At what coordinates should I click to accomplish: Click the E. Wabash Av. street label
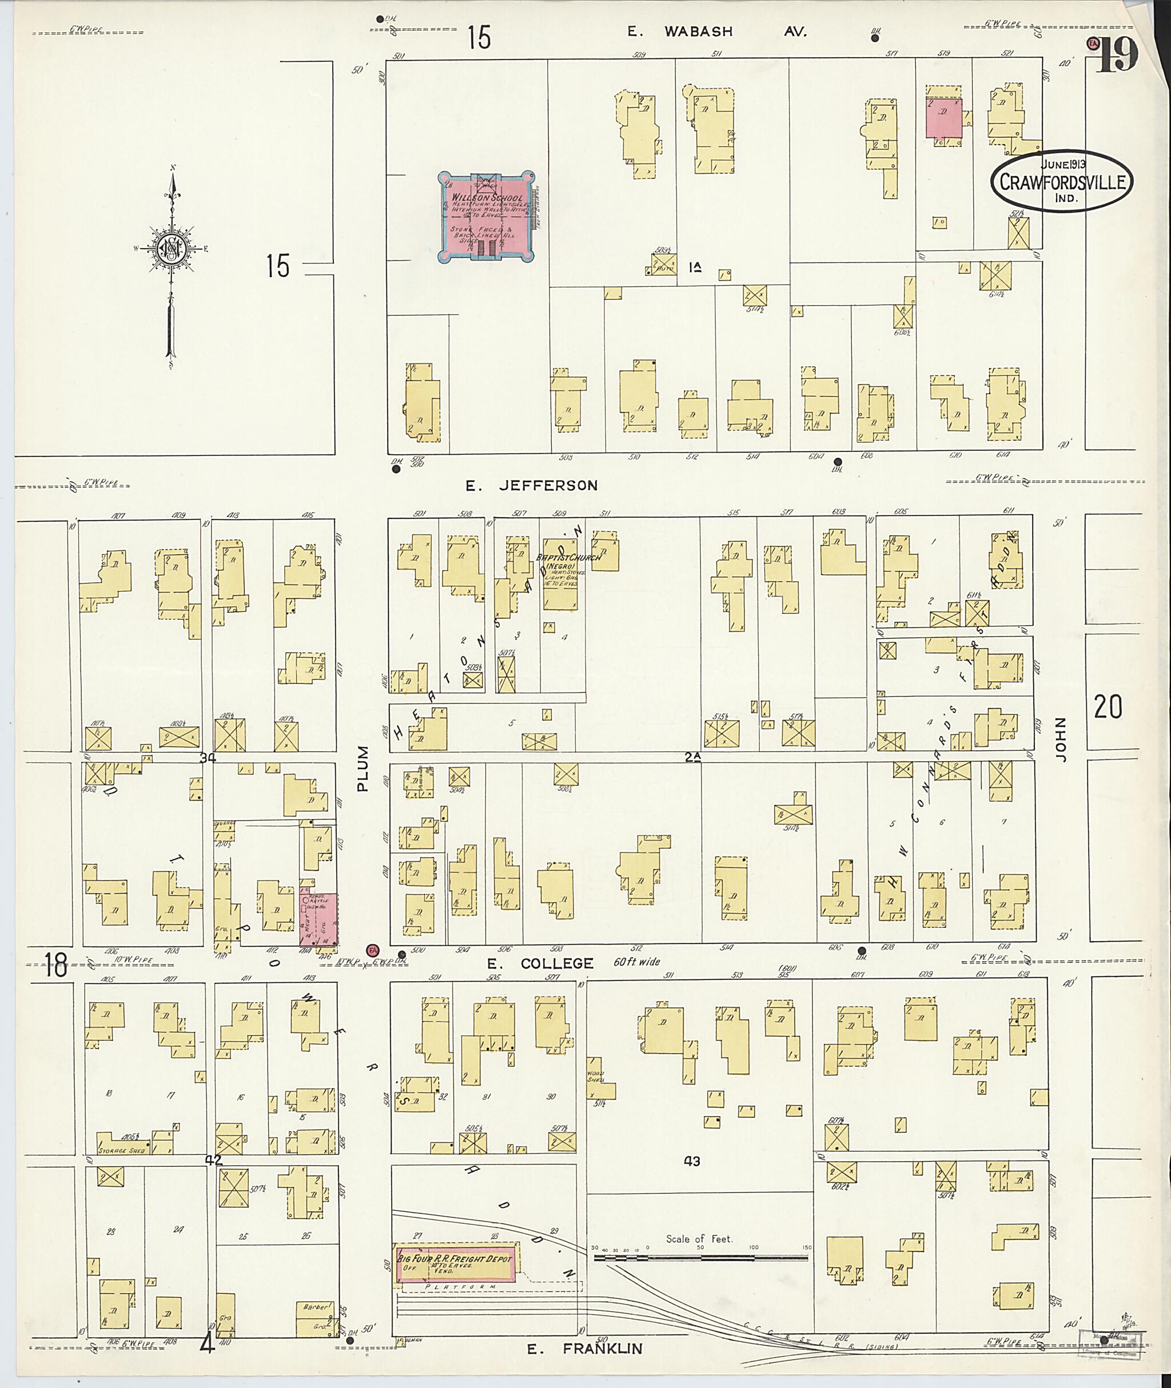717,31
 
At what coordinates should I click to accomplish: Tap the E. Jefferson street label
531,486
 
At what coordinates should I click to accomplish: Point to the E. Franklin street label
585,1349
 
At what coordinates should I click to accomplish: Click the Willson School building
487,217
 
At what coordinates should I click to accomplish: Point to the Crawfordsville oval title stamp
1062,181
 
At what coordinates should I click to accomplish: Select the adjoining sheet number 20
1108,707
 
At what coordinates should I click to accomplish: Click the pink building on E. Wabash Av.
944,119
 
